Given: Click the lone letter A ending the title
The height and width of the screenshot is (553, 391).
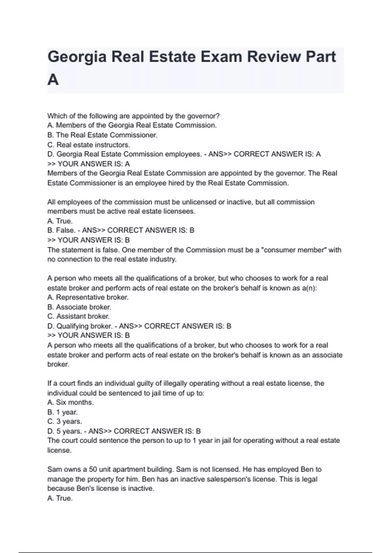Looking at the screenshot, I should pyautogui.click(x=53, y=80).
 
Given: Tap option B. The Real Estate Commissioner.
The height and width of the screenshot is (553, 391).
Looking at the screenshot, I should pyautogui.click(x=102, y=135).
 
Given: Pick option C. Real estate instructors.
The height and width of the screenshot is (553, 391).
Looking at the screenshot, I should pyautogui.click(x=89, y=145).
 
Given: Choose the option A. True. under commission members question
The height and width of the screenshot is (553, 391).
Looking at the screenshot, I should pyautogui.click(x=60, y=221).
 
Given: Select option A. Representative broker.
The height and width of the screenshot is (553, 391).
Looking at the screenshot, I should pyautogui.click(x=88, y=297).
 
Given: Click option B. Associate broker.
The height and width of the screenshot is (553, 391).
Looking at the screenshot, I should pyautogui.click(x=79, y=307).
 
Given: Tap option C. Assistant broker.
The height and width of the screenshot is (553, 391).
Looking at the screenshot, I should pyautogui.click(x=79, y=316).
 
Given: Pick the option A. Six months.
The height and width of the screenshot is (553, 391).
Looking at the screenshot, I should pyautogui.click(x=70, y=402).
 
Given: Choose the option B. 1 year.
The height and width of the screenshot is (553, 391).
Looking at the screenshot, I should pyautogui.click(x=63, y=412).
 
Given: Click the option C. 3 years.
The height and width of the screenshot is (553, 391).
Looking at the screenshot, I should pyautogui.click(x=65, y=422).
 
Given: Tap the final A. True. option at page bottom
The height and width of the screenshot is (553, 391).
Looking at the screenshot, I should pyautogui.click(x=60, y=498).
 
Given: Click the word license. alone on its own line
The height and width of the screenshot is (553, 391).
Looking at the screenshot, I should pyautogui.click(x=59, y=451).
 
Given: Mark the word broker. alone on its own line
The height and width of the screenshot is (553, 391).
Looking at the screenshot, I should pyautogui.click(x=58, y=364).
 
